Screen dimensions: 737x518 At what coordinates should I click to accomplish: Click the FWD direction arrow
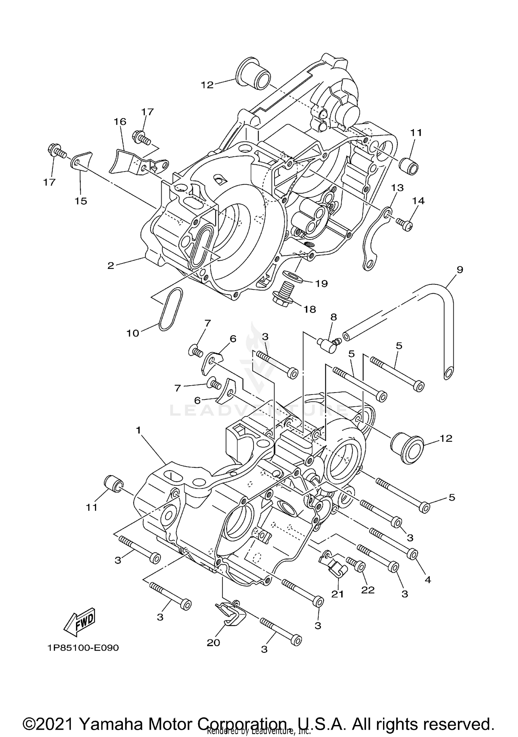pyautogui.click(x=79, y=621)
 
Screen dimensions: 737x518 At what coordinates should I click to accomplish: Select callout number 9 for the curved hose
pyautogui.click(x=459, y=270)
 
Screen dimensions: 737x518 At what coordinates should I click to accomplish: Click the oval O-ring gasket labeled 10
pyautogui.click(x=171, y=309)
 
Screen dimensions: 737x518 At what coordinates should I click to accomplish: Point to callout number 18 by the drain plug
pyautogui.click(x=309, y=309)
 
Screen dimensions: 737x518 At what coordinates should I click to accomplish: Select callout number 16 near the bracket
pyautogui.click(x=120, y=122)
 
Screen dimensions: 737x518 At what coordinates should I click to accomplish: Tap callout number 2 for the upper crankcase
pyautogui.click(x=111, y=265)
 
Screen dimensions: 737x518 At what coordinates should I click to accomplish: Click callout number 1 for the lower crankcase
pyautogui.click(x=138, y=430)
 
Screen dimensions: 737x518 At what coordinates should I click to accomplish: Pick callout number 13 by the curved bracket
pyautogui.click(x=397, y=188)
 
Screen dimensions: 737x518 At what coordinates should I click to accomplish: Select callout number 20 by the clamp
pyautogui.click(x=213, y=642)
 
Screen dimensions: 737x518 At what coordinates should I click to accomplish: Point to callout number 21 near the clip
pyautogui.click(x=337, y=594)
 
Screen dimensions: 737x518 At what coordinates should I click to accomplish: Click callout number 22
pyautogui.click(x=368, y=590)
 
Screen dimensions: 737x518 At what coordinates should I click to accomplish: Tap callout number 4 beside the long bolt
pyautogui.click(x=428, y=580)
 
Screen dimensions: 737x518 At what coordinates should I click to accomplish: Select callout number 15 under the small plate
pyautogui.click(x=81, y=201)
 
